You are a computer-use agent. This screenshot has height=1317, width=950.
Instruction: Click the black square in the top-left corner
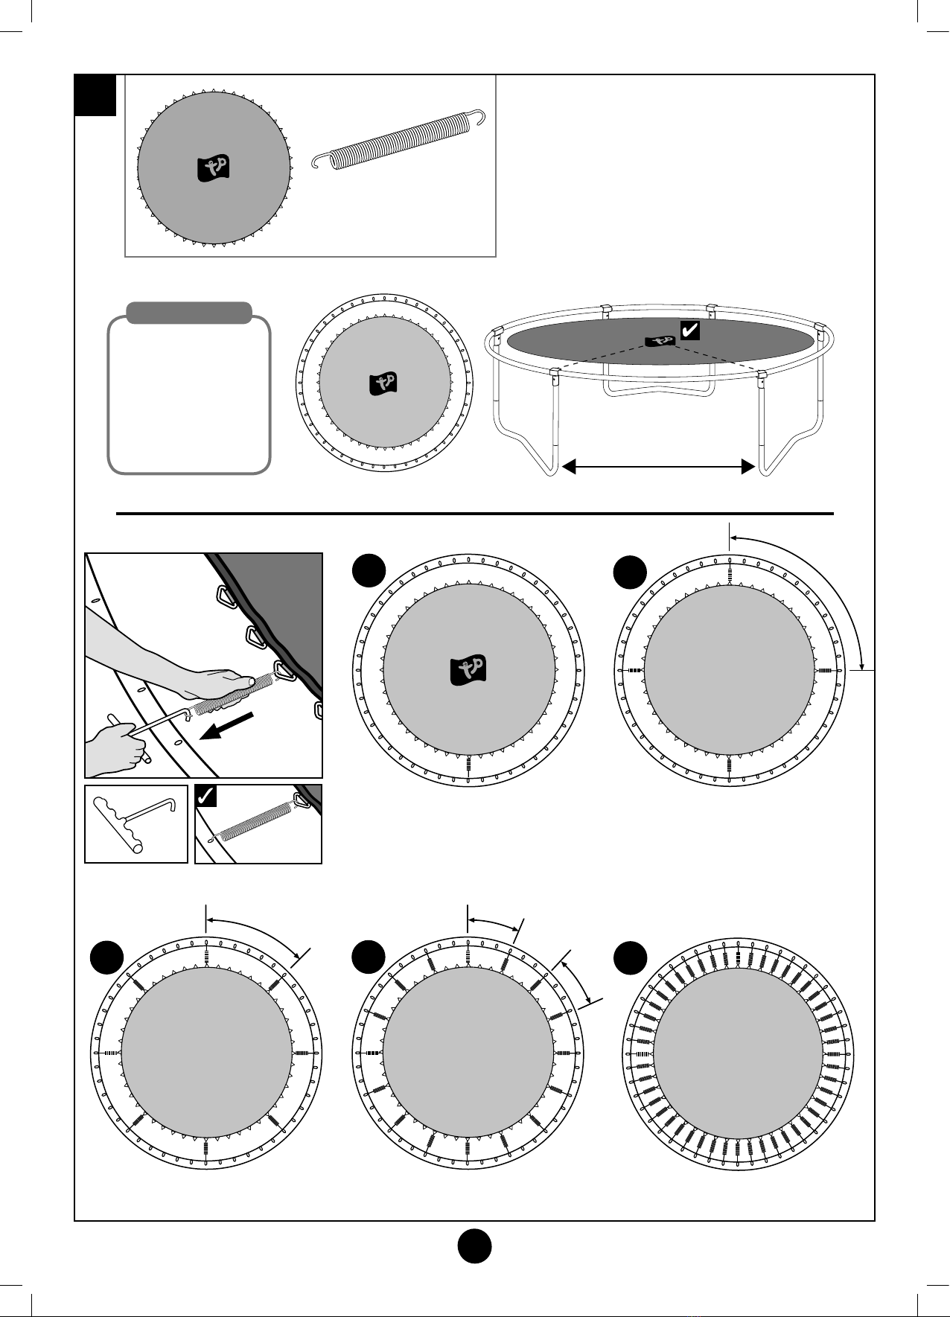(x=96, y=95)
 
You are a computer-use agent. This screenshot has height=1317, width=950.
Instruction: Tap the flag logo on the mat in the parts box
(x=214, y=168)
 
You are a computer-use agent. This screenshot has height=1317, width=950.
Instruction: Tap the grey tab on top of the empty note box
(x=189, y=313)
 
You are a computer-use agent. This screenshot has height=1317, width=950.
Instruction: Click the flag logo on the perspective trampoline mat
(x=660, y=340)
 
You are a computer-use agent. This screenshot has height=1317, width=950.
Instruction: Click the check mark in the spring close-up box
(x=205, y=797)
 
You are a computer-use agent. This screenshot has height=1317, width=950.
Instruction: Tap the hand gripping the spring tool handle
(x=118, y=748)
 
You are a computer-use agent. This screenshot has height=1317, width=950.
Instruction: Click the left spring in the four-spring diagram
(x=634, y=671)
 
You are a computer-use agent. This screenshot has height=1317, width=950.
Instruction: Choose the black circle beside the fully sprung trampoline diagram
(x=630, y=956)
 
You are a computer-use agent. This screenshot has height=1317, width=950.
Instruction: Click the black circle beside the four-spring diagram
(x=630, y=572)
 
